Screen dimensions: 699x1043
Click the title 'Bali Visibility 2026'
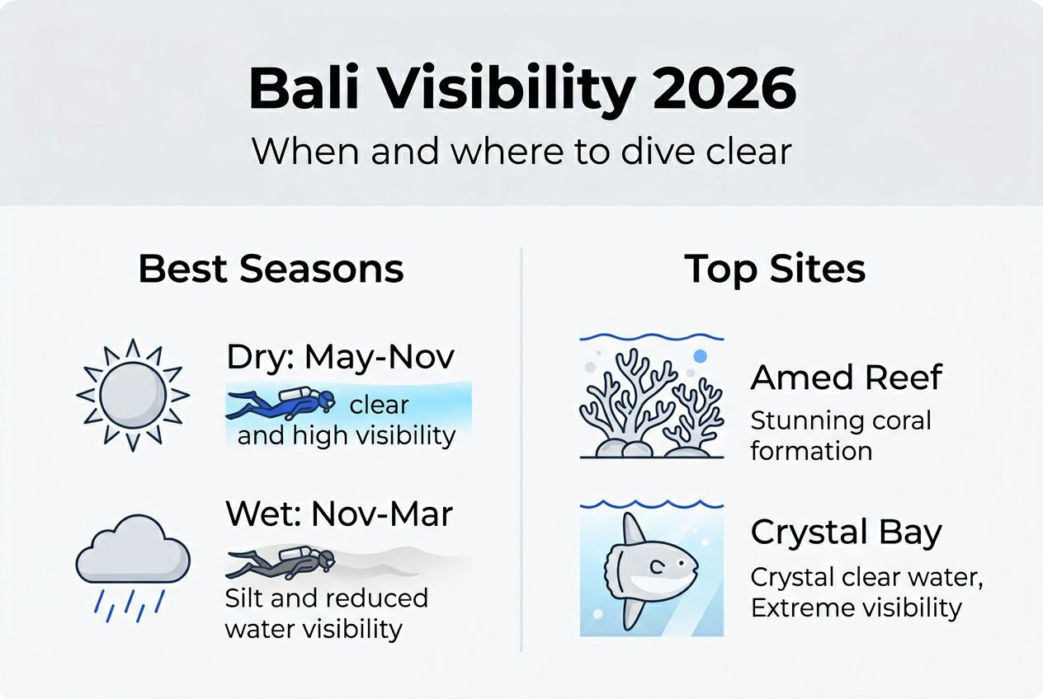pyautogui.click(x=521, y=88)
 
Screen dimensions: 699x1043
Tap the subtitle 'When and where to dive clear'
pyautogui.click(x=521, y=152)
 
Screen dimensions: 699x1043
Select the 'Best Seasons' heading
pyautogui.click(x=271, y=270)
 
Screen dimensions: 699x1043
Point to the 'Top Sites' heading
pyautogui.click(x=775, y=270)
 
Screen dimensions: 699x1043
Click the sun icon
pyautogui.click(x=133, y=395)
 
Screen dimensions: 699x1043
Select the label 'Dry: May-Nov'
pyautogui.click(x=340, y=359)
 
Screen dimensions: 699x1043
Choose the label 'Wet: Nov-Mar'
pyautogui.click(x=338, y=514)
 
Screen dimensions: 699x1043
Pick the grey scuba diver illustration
pyautogui.click(x=281, y=562)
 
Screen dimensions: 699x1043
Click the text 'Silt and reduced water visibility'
pyautogui.click(x=326, y=613)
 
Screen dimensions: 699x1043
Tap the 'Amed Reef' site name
pyautogui.click(x=846, y=378)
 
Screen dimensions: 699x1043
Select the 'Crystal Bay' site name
pyautogui.click(x=846, y=533)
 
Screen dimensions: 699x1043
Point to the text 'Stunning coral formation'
pyautogui.click(x=840, y=436)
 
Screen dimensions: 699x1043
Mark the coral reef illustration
pyautogui.click(x=651, y=404)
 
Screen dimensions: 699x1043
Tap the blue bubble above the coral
pyautogui.click(x=701, y=356)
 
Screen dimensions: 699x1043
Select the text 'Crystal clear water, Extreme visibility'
pyautogui.click(x=866, y=593)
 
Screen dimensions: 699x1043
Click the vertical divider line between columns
pyautogui.click(x=521, y=449)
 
